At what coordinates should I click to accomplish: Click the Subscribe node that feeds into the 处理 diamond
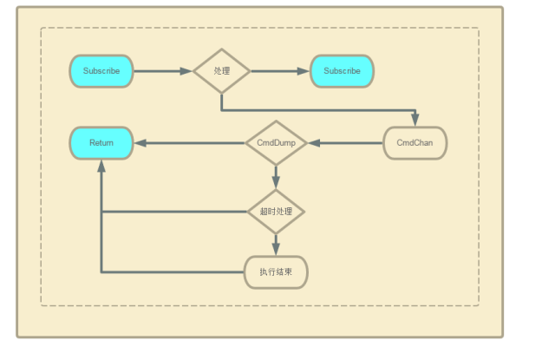[x=101, y=71]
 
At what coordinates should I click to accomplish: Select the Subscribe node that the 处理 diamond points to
[x=342, y=71]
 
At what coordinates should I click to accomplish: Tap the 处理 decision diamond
[x=221, y=71]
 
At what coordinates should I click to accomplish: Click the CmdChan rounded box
[x=415, y=142]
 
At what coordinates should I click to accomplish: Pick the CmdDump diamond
[x=276, y=142]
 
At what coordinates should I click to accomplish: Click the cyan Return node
[x=101, y=142]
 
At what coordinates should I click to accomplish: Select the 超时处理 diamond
[x=276, y=212]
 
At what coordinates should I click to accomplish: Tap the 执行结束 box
[x=276, y=272]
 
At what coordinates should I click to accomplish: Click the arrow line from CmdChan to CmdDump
[x=351, y=142]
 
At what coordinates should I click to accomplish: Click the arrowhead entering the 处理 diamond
[x=186, y=71]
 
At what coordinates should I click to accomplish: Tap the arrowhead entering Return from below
[x=101, y=167]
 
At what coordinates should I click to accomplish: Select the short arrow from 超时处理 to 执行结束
[x=276, y=245]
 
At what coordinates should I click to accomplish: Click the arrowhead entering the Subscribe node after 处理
[x=304, y=71]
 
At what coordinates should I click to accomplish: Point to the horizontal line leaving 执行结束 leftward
[x=173, y=272]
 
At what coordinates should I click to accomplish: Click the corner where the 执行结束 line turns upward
[x=101, y=272]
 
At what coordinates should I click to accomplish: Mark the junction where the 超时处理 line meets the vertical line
[x=101, y=212]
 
